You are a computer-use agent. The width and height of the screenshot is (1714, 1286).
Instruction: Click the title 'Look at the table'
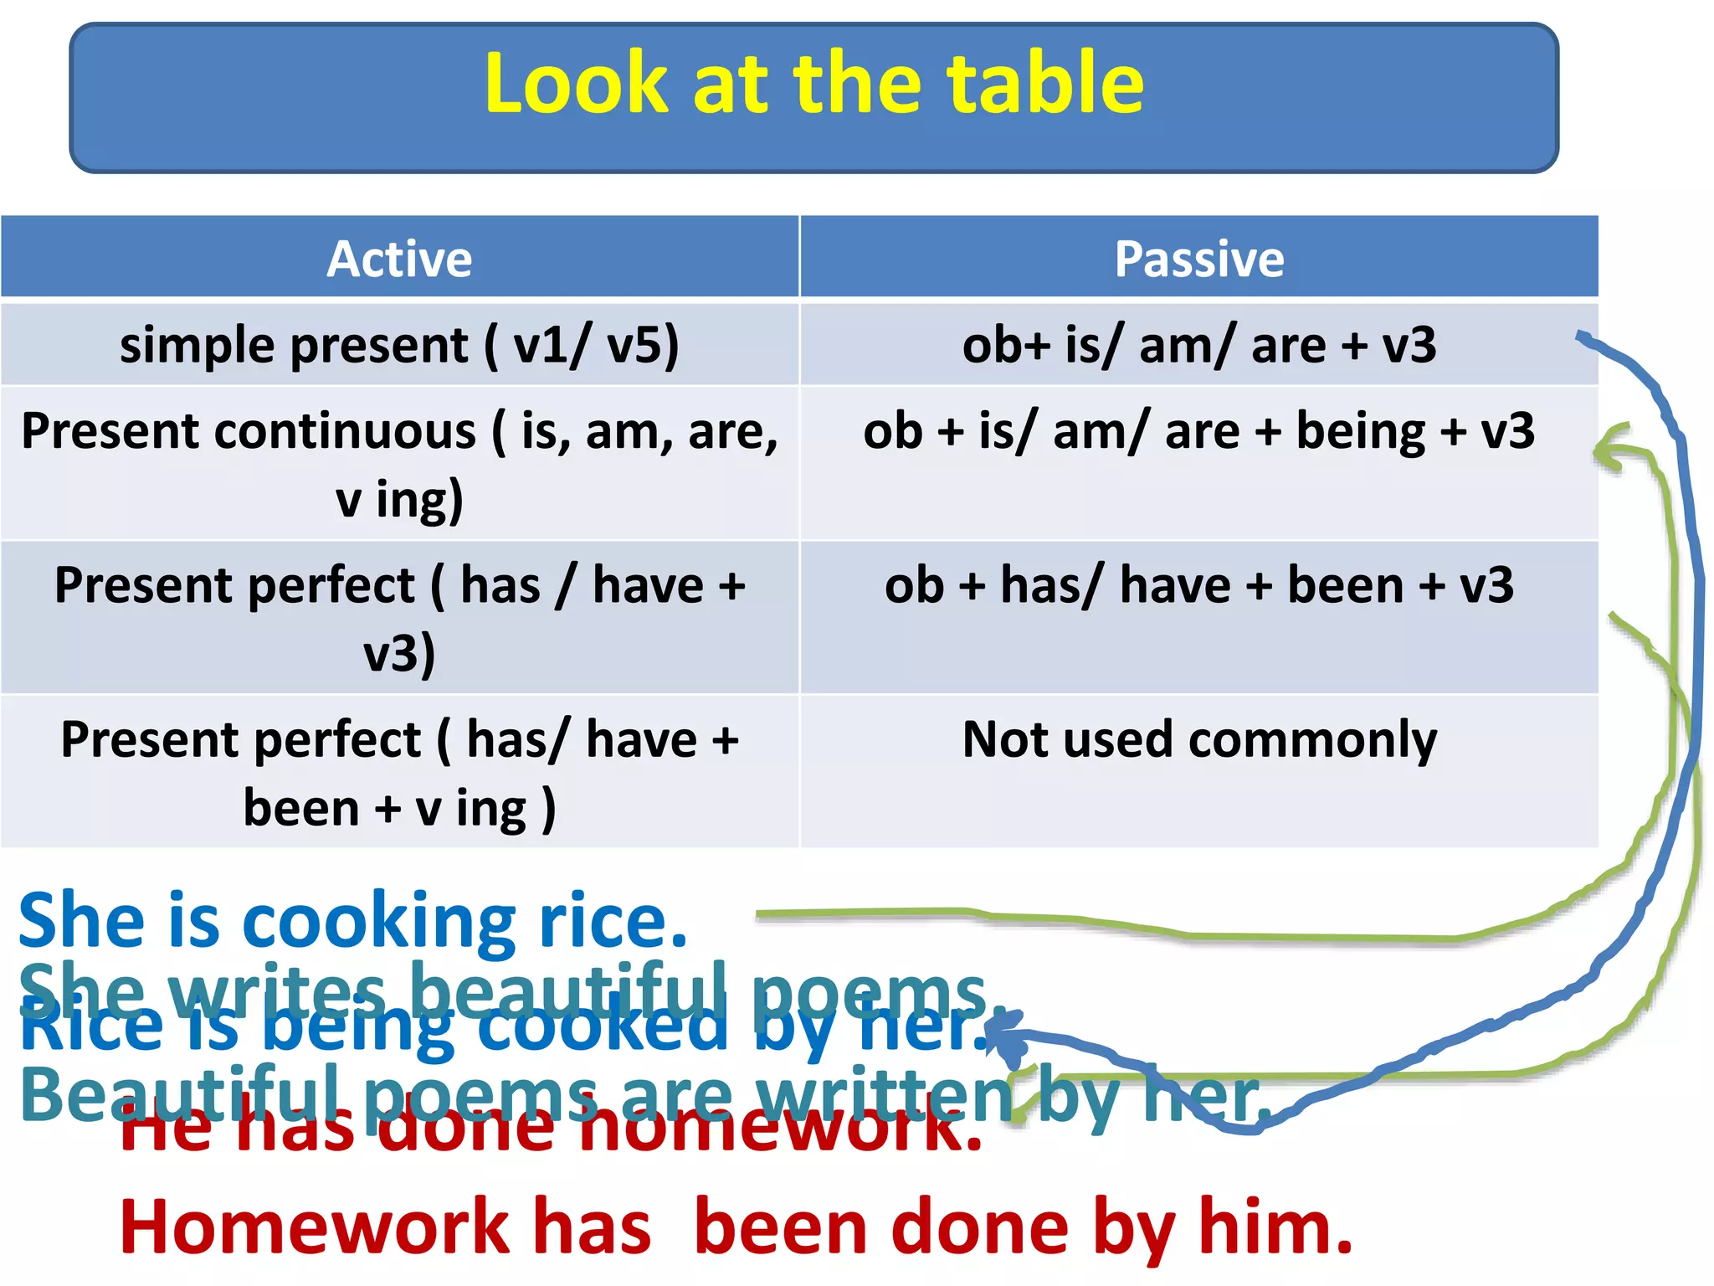(813, 84)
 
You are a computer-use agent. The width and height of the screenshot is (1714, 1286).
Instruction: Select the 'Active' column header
(399, 259)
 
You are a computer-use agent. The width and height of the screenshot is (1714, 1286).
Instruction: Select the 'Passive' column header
(1198, 259)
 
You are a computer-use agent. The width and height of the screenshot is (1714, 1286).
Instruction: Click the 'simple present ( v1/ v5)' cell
(399, 345)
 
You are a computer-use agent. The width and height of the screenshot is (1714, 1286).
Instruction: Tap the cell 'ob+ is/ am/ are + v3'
(1198, 345)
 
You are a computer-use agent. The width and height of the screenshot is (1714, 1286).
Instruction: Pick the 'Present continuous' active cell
(399, 464)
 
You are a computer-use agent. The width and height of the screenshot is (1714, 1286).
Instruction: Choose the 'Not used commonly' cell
(1198, 741)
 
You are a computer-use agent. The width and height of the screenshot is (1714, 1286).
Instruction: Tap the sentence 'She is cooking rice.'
(352, 921)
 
